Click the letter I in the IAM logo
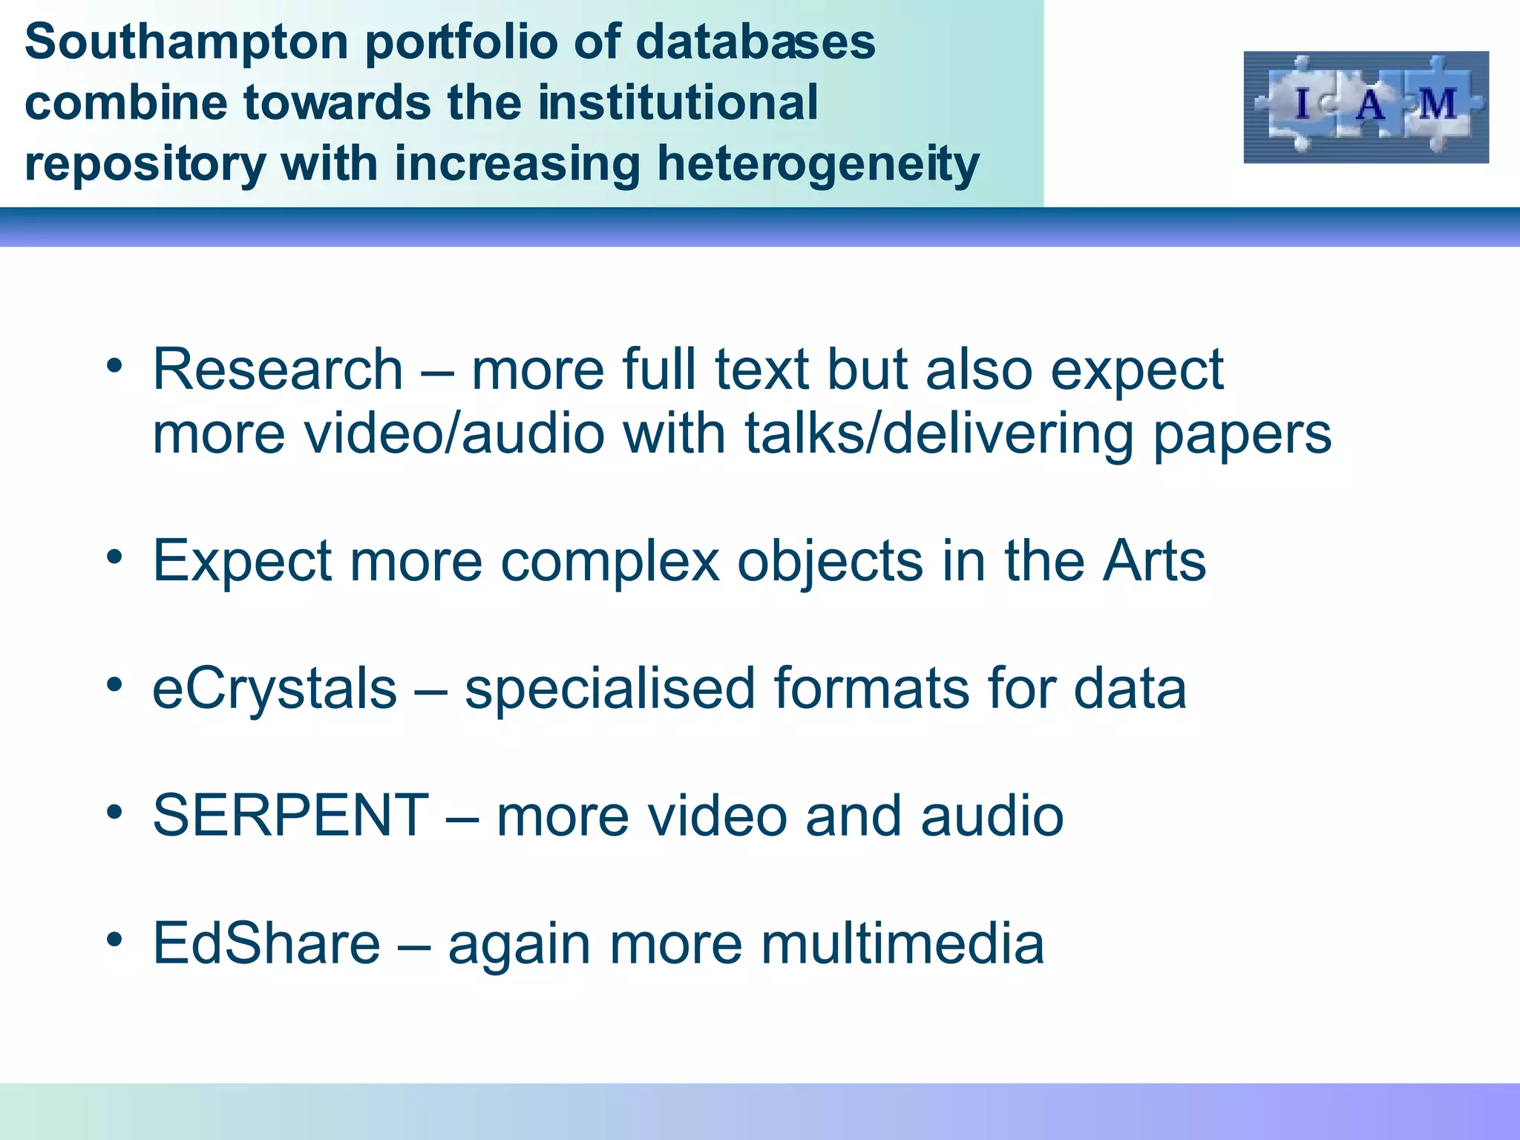click(1302, 103)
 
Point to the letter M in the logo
click(1438, 104)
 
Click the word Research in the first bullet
click(278, 370)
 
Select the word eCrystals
click(275, 689)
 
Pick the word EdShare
click(266, 944)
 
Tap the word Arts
click(1154, 561)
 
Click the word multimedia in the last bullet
click(902, 944)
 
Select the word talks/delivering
click(939, 433)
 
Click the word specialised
click(610, 689)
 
